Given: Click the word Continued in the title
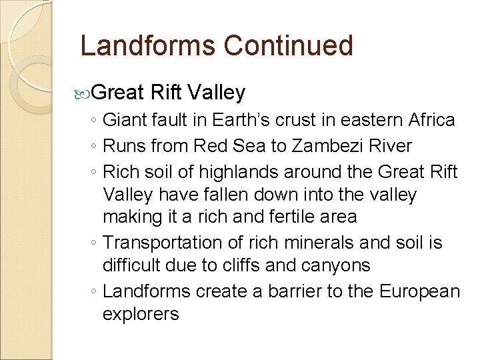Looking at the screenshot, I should click(288, 46).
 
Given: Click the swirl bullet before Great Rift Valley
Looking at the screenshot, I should click(83, 92).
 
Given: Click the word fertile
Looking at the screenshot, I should click(297, 217).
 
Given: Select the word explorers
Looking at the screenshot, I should click(141, 314).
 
